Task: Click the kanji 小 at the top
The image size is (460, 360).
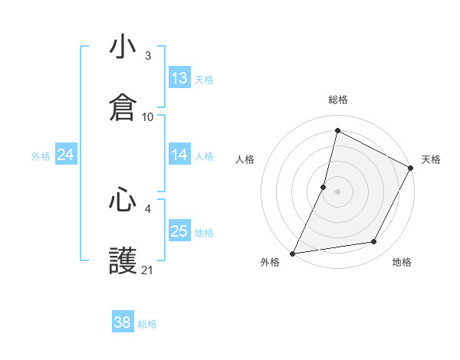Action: coord(123,48)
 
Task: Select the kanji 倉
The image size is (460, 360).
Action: coord(123,106)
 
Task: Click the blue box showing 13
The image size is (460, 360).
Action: coord(179,77)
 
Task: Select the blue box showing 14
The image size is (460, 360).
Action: coord(179,155)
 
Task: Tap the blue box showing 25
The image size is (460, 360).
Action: coord(179,231)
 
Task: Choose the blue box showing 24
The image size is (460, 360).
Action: coord(66,155)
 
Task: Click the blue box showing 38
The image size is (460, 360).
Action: coord(123,322)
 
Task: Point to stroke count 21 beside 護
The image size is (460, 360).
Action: coord(148,270)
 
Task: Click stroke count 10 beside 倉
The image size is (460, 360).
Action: coord(148,116)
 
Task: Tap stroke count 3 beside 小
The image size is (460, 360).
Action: coord(148,56)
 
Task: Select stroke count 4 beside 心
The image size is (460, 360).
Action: coord(148,208)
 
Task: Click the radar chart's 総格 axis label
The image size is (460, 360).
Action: coord(337,100)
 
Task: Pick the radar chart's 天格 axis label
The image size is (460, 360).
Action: coord(431,159)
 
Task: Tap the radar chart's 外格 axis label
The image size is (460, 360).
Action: coord(270,263)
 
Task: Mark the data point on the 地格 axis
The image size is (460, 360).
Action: coord(374,242)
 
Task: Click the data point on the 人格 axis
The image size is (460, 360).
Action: coord(324,187)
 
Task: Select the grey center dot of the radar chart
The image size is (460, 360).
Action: coord(337,191)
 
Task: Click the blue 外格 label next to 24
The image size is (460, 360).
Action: coord(41,155)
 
